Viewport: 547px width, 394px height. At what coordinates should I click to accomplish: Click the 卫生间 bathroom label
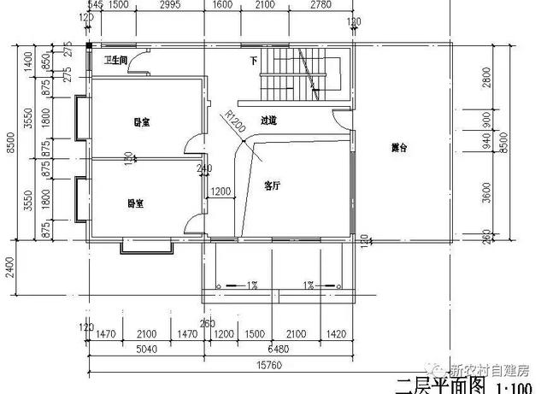[115, 61]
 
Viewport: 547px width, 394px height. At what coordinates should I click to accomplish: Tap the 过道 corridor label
[268, 121]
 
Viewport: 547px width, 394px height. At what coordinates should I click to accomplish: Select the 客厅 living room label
[273, 185]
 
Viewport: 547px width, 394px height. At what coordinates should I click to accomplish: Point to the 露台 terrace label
[399, 148]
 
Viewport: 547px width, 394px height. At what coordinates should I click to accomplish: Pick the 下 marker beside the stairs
[253, 61]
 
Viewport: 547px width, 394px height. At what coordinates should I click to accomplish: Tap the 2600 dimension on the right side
[486, 78]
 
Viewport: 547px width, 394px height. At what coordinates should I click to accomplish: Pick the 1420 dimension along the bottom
[336, 333]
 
